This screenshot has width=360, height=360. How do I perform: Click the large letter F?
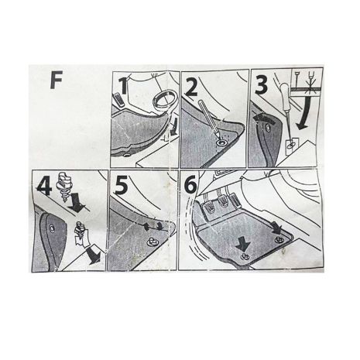(x=57, y=81)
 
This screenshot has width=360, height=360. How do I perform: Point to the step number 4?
(x=43, y=185)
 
